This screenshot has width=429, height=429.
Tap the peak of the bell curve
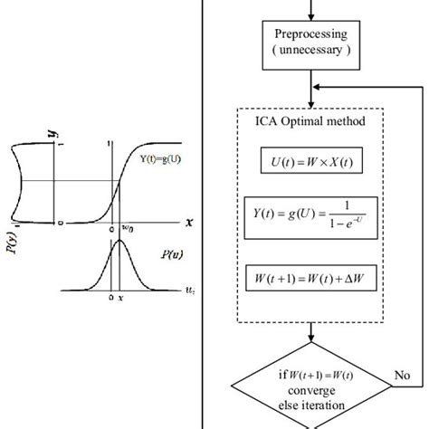(x=119, y=246)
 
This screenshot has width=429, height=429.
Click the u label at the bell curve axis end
(x=187, y=291)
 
